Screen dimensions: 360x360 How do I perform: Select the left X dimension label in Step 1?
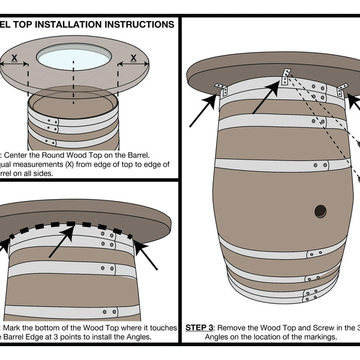[13, 58]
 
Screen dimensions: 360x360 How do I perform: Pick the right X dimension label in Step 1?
[133, 58]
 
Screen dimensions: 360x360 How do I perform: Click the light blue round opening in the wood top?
[74, 58]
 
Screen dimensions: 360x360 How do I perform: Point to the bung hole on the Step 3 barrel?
[320, 211]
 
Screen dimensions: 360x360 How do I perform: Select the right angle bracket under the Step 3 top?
[343, 90]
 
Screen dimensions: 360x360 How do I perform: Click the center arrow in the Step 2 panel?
[61, 242]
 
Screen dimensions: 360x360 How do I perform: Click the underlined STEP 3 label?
[199, 328]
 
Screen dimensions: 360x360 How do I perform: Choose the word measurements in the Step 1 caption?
[43, 164]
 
